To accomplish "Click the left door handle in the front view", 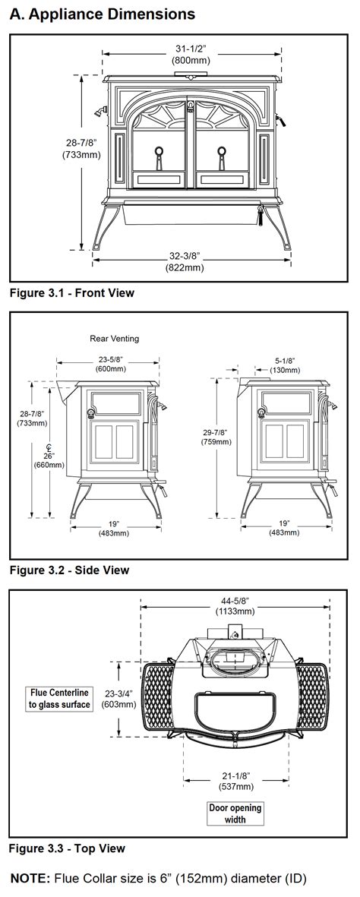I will point(159,154).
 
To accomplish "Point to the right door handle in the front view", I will point(222,154).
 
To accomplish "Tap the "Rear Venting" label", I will point(115,339).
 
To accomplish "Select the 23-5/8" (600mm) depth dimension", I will point(111,364).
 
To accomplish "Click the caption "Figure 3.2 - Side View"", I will point(69,570).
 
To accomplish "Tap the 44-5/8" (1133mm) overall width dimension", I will point(235,605).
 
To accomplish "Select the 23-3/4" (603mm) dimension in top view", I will point(120,700).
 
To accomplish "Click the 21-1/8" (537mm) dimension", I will point(235,780).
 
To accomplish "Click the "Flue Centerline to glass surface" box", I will point(60,699).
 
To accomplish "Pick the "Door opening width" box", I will point(235,813).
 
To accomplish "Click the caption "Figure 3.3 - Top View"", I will point(67,848).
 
